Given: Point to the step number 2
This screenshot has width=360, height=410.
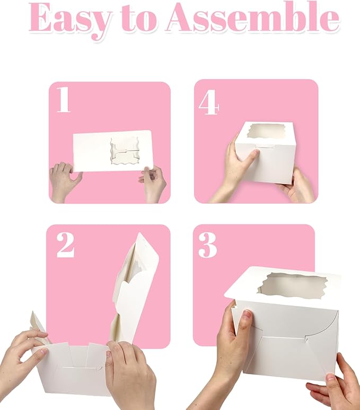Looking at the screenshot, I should (x=65, y=245).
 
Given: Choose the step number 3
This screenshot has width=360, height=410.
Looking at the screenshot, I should (x=208, y=245).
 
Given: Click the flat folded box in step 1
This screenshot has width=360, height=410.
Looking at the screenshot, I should (x=95, y=151).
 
